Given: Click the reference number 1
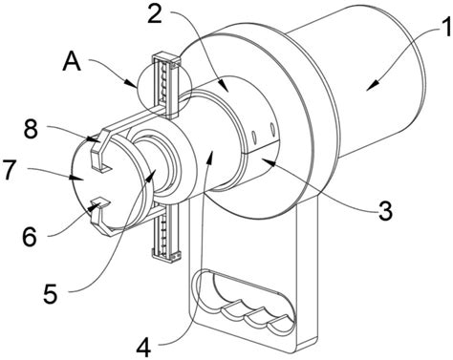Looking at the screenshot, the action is coord(444,29).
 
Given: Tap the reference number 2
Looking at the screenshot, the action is coord(155,13).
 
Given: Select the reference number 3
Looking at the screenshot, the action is coord(385,210).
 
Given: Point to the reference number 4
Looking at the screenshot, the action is coord(143,347).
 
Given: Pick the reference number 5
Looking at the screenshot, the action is coord(51,293).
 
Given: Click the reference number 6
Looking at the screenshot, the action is coord(30,236).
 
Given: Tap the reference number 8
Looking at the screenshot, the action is coord(32,129).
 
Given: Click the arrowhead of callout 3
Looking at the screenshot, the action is coord(266,162).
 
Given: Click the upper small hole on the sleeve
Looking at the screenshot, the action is coord(272,129).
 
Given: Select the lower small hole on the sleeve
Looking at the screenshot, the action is coord(254,138).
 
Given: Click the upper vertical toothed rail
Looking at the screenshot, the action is coord(166,86).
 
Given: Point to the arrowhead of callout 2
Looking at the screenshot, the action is coord(226,88).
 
